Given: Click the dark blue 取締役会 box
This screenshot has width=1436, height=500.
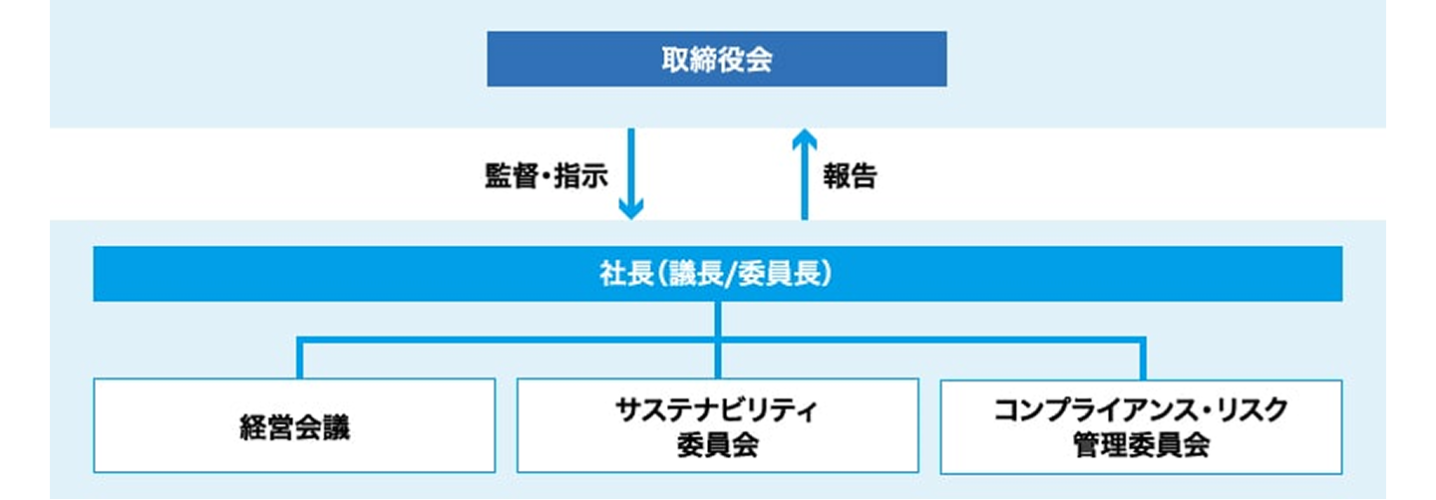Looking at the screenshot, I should (x=716, y=59).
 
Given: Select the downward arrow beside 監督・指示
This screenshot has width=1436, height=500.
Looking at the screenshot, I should (x=630, y=174).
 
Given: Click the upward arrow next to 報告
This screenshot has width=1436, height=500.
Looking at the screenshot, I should (x=804, y=174).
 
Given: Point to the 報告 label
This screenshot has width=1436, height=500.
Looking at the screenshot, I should (x=850, y=176).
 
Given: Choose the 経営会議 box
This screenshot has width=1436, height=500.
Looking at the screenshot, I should (x=294, y=425).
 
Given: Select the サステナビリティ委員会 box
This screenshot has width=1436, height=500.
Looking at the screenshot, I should (x=717, y=425).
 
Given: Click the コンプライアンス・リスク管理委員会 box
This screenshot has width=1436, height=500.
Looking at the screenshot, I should (x=1141, y=425).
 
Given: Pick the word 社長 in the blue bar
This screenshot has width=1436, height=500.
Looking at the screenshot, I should (x=624, y=274).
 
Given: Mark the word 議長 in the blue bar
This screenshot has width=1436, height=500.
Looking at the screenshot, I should (x=694, y=274).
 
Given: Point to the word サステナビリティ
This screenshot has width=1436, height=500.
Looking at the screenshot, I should (x=717, y=410).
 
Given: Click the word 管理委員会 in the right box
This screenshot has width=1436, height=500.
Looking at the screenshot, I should (x=1141, y=443).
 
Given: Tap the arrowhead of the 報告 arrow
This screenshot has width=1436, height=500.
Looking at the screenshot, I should (x=804, y=138).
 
